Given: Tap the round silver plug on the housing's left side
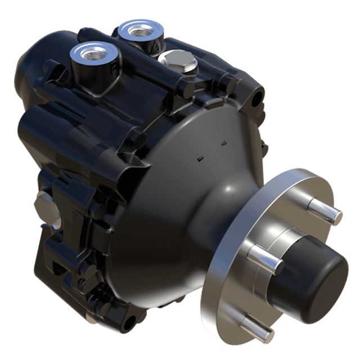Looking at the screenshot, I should pyautogui.click(x=42, y=205).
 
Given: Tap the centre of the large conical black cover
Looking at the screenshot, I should pyautogui.click(x=180, y=208).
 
